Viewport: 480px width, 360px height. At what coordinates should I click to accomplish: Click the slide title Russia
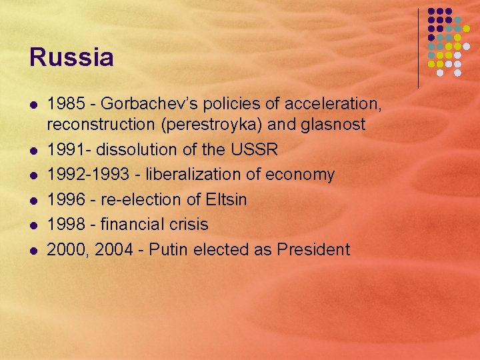pos(71,57)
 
